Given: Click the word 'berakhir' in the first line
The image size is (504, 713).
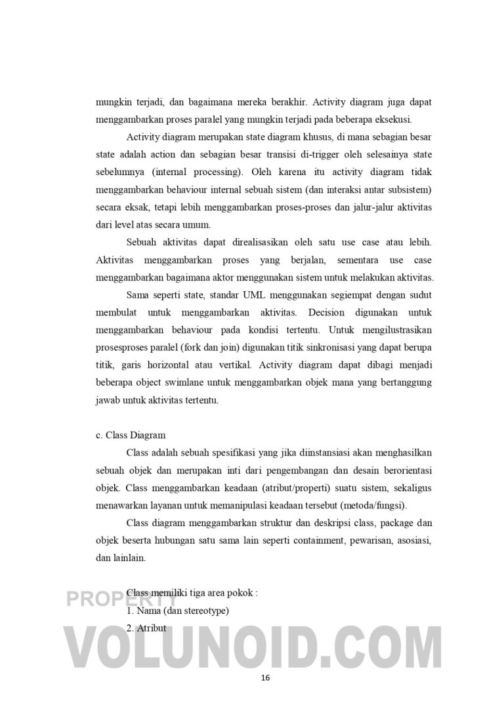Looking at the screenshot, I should [287, 102].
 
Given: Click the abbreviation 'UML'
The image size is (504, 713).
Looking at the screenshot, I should [245, 295].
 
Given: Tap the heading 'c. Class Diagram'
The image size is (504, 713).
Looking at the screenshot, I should [131, 435].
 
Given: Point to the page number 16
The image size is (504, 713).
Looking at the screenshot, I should [265, 678].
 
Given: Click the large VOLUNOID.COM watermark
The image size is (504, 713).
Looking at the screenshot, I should [252, 646].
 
